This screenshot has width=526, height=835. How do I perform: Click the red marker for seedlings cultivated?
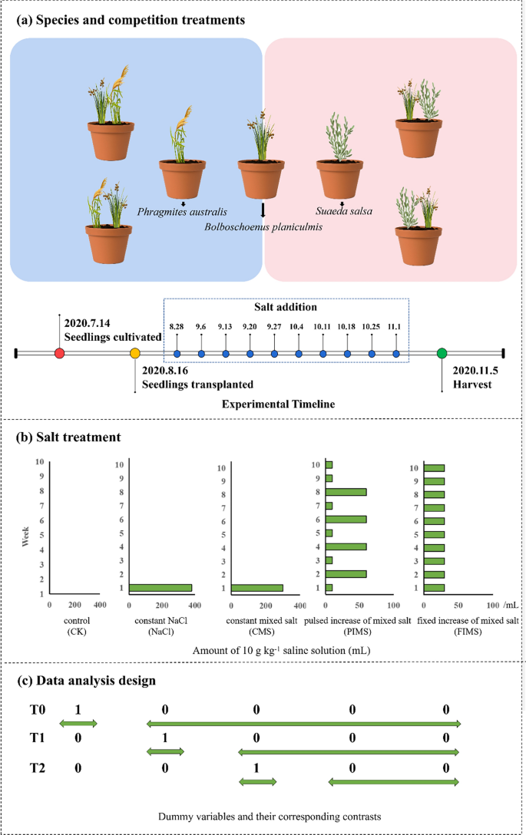(59, 353)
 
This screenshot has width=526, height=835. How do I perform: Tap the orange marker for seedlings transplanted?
(135, 353)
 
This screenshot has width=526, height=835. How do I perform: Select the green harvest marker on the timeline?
(442, 353)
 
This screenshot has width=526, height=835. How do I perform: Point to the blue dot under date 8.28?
(177, 353)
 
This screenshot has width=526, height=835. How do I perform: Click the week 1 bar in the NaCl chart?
(160, 588)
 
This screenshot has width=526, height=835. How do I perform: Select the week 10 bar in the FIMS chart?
(434, 467)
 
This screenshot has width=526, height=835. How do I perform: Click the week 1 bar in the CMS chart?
(256, 588)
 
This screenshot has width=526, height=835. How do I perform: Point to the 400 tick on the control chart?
(99, 604)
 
